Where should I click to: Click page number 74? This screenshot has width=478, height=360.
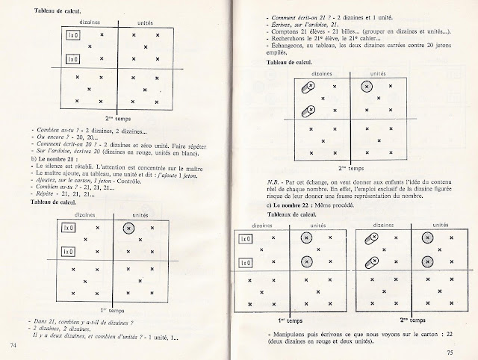point(13,344)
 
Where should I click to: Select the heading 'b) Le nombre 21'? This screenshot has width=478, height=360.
point(55,161)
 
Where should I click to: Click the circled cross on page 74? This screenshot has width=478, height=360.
point(128,228)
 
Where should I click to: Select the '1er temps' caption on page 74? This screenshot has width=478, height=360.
point(112,308)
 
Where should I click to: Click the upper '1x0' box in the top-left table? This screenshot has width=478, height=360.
point(72,36)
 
